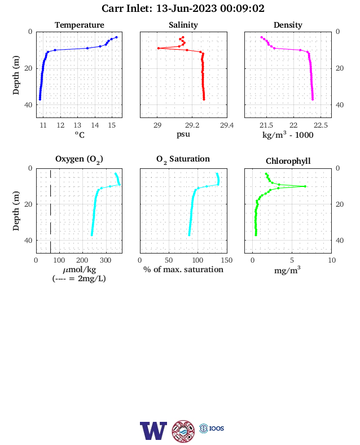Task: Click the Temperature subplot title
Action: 80,25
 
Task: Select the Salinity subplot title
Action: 183,25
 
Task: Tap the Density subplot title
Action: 288,25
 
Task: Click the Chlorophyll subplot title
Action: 288,161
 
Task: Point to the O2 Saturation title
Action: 183,159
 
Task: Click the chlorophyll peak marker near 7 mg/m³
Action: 305,186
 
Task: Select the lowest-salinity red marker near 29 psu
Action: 159,48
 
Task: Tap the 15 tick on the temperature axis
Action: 112,125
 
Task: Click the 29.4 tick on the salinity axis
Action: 227,125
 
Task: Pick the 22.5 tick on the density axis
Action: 321,125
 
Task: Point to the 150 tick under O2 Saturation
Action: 227,260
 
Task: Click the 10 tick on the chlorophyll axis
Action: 332,260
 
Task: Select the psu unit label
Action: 183,134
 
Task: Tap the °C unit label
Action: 80,135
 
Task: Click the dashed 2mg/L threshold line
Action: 50,211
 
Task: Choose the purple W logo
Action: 153,431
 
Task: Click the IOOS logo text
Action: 217,428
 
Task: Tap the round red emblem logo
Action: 183,431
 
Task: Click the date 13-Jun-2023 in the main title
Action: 187,8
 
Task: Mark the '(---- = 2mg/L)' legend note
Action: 79,279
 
